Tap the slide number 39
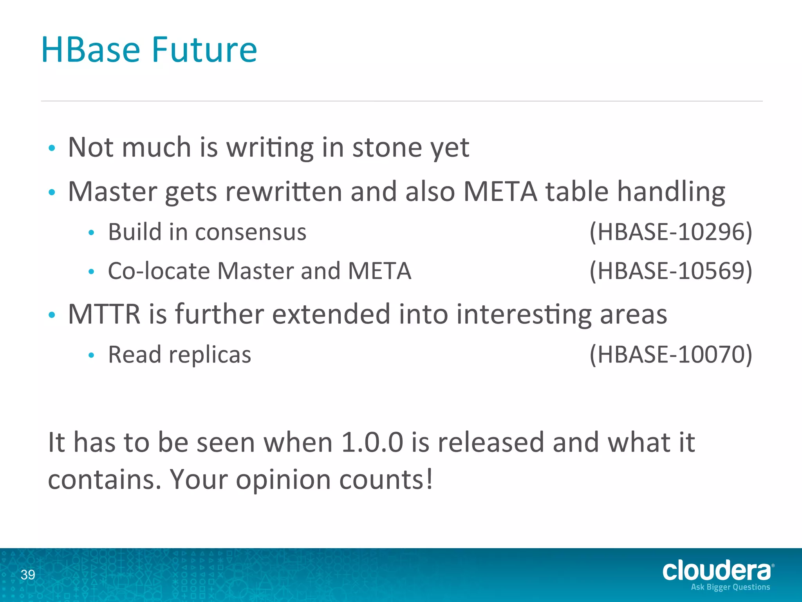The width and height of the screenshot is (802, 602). (28, 575)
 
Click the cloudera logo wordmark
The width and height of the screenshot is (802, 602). (717, 571)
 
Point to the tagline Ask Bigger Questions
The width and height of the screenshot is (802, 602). (730, 587)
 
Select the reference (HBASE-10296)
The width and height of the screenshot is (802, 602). (670, 232)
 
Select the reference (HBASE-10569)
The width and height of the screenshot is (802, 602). (670, 271)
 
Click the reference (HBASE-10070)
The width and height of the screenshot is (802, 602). (670, 354)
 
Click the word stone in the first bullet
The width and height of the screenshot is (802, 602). (387, 148)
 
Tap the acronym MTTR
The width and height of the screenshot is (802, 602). (104, 314)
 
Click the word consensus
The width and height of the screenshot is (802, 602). (251, 232)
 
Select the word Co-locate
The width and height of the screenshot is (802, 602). (159, 271)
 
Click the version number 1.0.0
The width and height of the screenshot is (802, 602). (372, 442)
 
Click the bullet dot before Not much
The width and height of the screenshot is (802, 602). (52, 149)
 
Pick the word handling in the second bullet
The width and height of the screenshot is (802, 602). (671, 192)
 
